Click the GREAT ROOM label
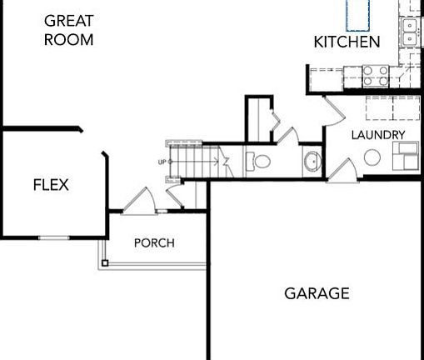[x=67, y=29]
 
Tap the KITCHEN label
[x=347, y=42]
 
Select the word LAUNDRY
[x=377, y=135]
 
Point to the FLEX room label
[x=51, y=185]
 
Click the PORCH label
[x=154, y=243]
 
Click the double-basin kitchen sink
[x=411, y=32]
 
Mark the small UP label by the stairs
[x=162, y=162]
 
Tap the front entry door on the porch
[x=135, y=200]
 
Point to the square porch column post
[x=105, y=263]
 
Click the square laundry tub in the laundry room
[x=407, y=155]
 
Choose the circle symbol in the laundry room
[x=372, y=157]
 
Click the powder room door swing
[x=284, y=136]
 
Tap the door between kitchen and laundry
[x=332, y=109]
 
